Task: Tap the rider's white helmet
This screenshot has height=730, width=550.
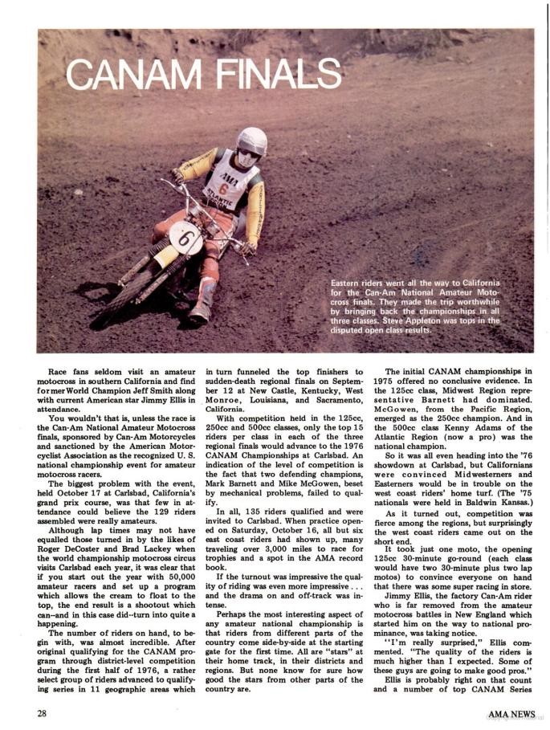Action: coord(251,144)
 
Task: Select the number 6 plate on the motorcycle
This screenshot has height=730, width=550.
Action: coord(185,239)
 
